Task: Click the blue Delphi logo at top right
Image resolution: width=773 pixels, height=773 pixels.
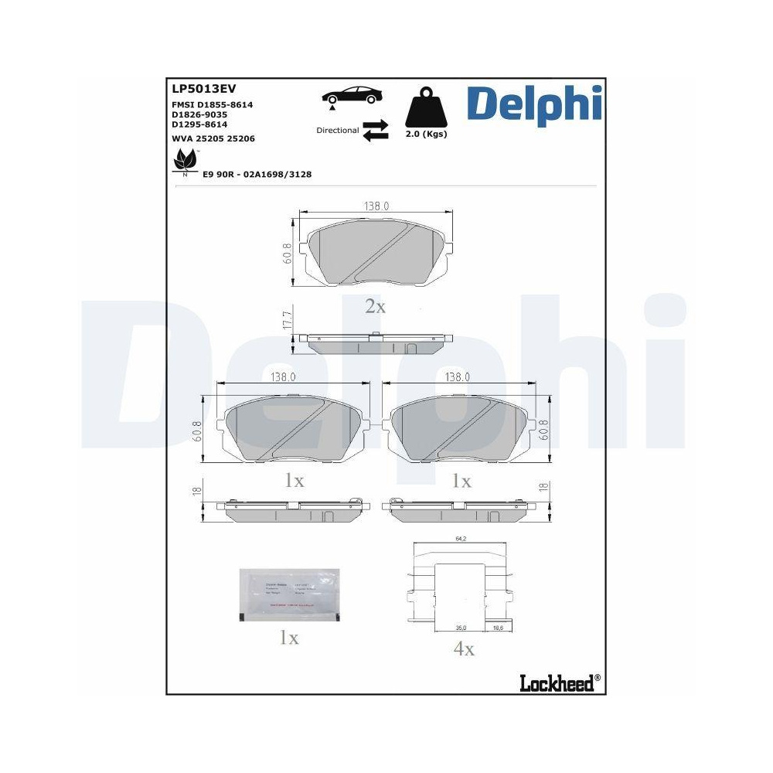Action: (533, 104)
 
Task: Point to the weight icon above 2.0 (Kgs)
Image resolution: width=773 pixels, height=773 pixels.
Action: (426, 109)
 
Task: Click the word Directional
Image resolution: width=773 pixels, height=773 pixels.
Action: (338, 131)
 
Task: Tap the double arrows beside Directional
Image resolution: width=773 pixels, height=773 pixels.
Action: (375, 130)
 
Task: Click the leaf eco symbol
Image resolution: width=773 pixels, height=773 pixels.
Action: (184, 161)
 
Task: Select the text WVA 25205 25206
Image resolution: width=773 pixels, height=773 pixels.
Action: (213, 138)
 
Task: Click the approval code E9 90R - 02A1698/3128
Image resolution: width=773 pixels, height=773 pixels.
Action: (257, 175)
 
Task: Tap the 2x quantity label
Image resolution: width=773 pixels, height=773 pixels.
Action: (375, 307)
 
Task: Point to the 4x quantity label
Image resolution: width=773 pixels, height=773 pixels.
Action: (463, 649)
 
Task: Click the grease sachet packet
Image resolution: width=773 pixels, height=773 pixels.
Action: (288, 595)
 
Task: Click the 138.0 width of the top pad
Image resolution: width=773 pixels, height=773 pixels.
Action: (376, 206)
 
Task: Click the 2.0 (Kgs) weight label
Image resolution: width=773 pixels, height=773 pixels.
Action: (426, 134)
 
